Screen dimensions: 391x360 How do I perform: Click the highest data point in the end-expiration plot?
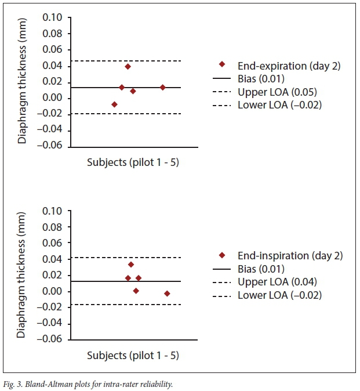coord(128,67)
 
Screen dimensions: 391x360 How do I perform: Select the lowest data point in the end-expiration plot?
coord(114,104)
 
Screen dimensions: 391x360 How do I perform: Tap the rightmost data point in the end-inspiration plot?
coord(167,294)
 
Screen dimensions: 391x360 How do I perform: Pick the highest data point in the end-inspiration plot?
coord(131,265)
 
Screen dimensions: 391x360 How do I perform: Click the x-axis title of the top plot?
coord(133,163)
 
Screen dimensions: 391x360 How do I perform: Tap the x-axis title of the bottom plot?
coord(133,355)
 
